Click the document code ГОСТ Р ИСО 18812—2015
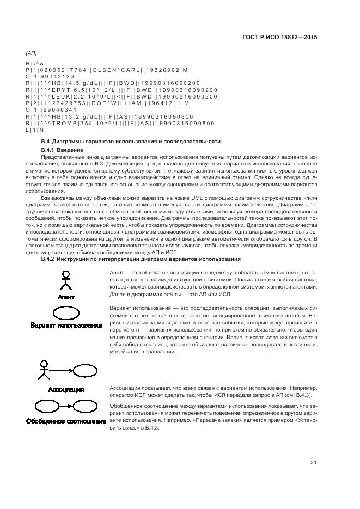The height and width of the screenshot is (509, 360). tap(279, 38)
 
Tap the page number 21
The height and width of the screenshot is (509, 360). tap(314, 463)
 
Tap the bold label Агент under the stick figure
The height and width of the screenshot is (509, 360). tap(66, 297)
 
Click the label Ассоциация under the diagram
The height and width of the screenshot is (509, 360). tap(66, 390)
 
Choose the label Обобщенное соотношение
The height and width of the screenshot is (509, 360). tap(66, 421)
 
